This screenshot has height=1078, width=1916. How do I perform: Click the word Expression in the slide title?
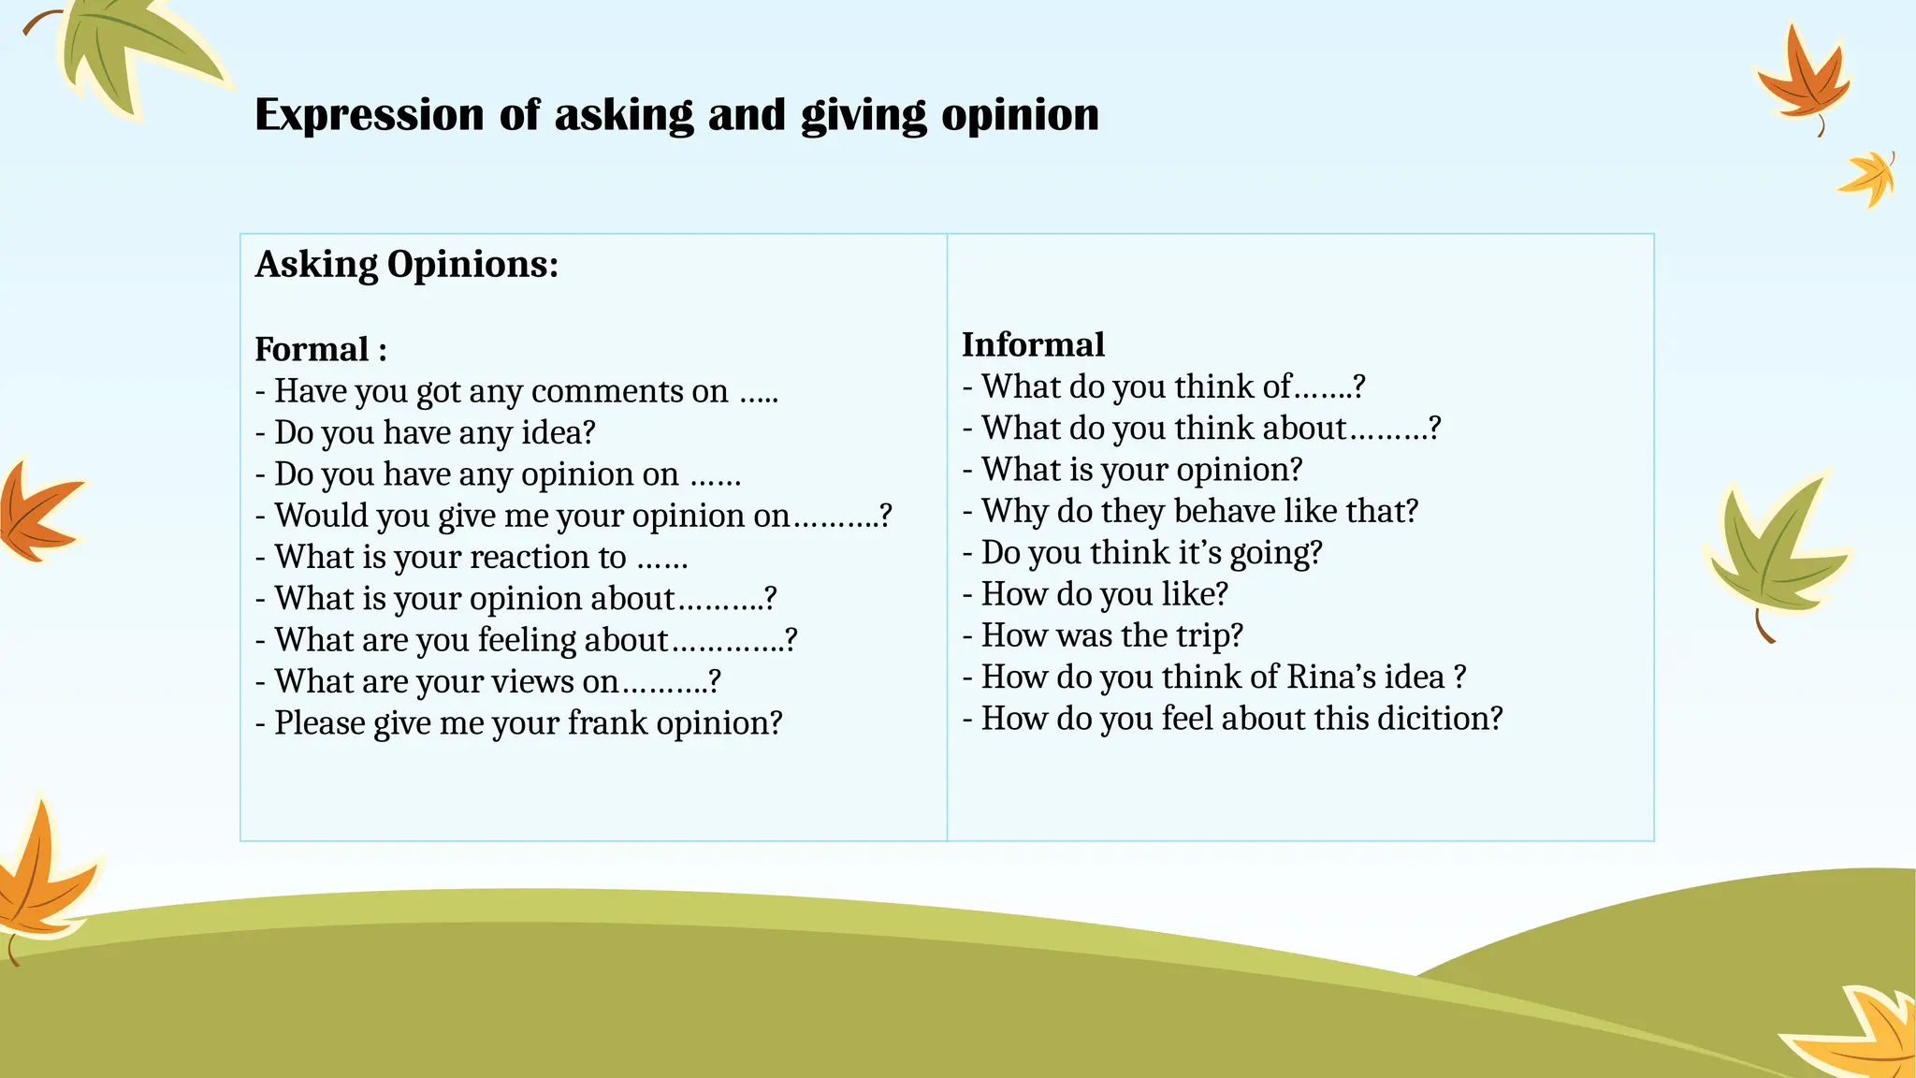[370, 116]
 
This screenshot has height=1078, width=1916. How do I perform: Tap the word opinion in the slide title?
[1020, 116]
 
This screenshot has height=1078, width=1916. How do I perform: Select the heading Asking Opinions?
[407, 265]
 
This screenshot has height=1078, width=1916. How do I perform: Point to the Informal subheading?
[1033, 345]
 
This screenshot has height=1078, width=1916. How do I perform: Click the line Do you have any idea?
[434, 433]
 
